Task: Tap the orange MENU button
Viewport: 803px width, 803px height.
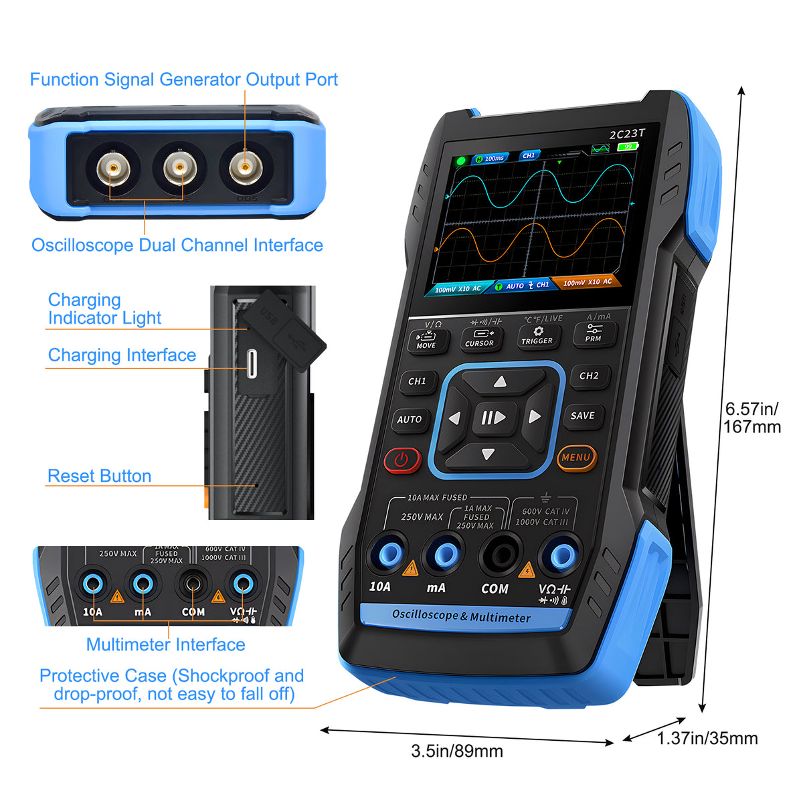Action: tap(576, 458)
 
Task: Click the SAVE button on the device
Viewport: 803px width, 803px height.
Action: tap(582, 416)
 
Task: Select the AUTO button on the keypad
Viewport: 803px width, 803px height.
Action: tap(410, 420)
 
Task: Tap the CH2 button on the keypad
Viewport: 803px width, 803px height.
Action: tap(589, 376)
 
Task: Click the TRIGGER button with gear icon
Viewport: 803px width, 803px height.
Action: tap(537, 335)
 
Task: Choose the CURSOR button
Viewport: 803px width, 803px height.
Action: tap(479, 338)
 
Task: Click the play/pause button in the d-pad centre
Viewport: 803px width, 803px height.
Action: tap(494, 418)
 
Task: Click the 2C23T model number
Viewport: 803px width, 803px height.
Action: tap(626, 134)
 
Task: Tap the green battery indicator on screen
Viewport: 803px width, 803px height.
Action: tap(628, 147)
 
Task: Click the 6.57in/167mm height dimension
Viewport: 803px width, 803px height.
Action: tap(752, 418)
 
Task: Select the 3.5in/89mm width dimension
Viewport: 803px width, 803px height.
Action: tap(457, 751)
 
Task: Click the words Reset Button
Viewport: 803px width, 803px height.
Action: tap(100, 476)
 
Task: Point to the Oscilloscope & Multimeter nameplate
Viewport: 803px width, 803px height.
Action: tap(461, 616)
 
